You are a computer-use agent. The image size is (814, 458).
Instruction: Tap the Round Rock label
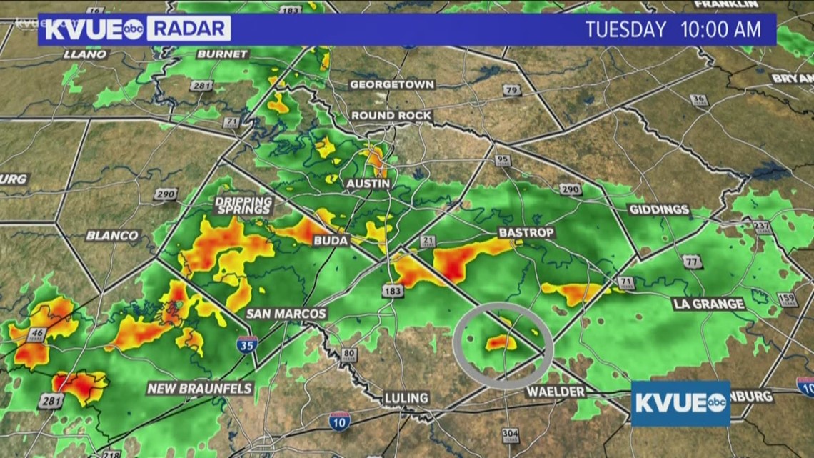click(x=391, y=116)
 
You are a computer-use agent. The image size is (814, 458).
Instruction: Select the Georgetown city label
click(x=391, y=84)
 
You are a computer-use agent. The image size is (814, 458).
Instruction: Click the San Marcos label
click(x=286, y=314)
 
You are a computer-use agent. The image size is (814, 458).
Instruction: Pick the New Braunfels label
click(x=200, y=389)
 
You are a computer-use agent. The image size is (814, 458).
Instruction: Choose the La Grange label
click(x=709, y=304)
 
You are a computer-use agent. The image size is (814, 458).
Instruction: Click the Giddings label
click(x=659, y=210)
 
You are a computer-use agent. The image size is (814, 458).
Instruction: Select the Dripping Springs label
click(x=243, y=205)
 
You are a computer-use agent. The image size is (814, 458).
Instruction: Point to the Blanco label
click(x=112, y=235)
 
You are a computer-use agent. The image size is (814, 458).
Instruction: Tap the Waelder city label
click(x=556, y=392)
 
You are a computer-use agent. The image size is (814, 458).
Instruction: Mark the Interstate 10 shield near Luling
click(x=339, y=421)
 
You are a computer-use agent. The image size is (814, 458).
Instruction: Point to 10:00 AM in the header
click(x=722, y=30)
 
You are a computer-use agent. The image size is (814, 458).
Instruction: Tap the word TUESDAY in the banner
click(x=625, y=30)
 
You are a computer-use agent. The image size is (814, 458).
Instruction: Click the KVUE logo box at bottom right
click(x=680, y=403)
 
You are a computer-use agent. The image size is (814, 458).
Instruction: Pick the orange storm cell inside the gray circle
click(x=501, y=343)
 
